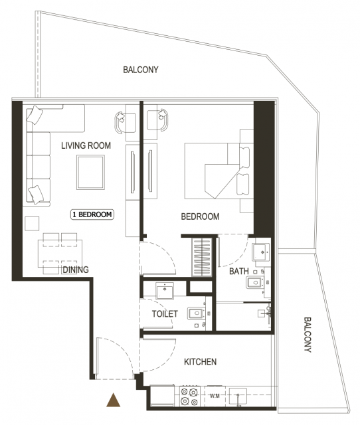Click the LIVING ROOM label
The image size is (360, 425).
pos(86,145)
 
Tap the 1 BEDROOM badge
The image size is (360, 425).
pos(92,214)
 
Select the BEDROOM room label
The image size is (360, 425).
pos(200,216)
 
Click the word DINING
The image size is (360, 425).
pos(76,270)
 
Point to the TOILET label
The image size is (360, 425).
pos(165,314)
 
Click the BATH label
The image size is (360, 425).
pos(239,271)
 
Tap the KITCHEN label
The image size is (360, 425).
pos(201,362)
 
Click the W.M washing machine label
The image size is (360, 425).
pos(215,396)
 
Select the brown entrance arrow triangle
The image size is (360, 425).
pos(114,400)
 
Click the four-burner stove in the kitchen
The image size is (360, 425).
pos(189,396)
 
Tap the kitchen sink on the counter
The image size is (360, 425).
pos(238,396)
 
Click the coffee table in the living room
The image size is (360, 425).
pos(90,172)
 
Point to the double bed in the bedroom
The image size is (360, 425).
pos(219,171)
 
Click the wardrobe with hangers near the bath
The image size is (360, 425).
pos(202,257)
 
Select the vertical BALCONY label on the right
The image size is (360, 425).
pos(308,335)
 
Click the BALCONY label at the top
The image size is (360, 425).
pos(141,70)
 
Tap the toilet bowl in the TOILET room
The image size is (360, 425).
pos(197,313)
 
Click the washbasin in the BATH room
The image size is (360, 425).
pos(261,252)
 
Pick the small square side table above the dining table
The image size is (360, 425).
pos(32,224)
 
